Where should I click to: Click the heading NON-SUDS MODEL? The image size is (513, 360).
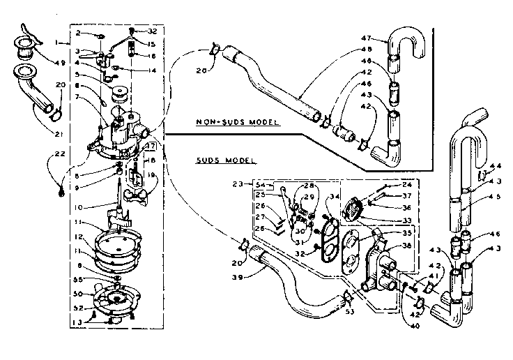[x=236, y=122]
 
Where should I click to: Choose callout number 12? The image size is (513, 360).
[x=84, y=237]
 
